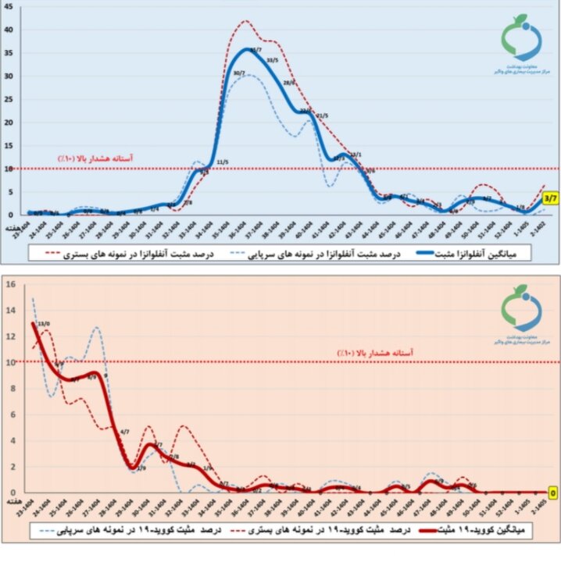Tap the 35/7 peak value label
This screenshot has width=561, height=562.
click(255, 49)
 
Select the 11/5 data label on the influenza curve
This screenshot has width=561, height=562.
click(222, 162)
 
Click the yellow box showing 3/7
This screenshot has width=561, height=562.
click(549, 197)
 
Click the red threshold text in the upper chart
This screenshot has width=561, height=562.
click(95, 158)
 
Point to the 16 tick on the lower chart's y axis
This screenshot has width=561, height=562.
click(10, 284)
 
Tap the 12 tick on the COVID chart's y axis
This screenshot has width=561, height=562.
click(10, 336)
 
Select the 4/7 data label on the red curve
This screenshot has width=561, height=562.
click(124, 431)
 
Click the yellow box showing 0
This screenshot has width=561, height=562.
click(552, 493)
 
